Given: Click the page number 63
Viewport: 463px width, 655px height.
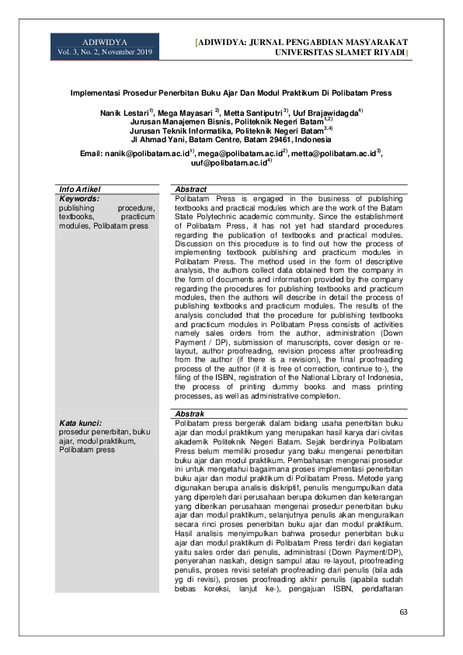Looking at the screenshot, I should click(x=403, y=613).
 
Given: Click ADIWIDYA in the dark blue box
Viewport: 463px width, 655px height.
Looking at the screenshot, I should click(x=104, y=40).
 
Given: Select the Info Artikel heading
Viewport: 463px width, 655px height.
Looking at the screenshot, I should click(x=80, y=189).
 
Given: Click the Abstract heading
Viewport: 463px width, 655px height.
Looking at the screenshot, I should click(x=191, y=189).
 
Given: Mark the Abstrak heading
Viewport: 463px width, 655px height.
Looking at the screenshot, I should click(x=190, y=413).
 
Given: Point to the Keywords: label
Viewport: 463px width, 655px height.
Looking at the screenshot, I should click(x=79, y=198).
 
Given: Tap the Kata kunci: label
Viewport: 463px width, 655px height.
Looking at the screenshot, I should click(x=81, y=422).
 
